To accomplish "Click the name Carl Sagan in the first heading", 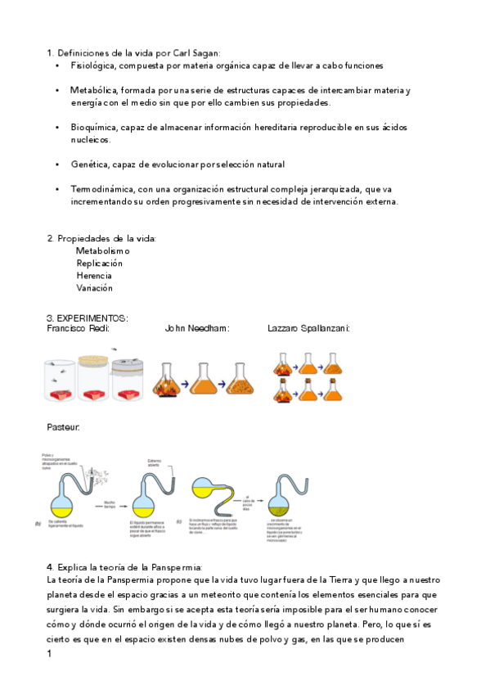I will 196,52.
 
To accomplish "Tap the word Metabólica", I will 95,89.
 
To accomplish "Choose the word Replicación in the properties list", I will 99,264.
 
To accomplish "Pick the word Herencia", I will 94,276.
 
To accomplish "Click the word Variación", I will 94,288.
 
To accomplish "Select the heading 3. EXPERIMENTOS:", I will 88,318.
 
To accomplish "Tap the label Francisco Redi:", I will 78,328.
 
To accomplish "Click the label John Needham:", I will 197,328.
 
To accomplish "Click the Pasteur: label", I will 63,427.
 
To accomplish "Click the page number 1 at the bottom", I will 50,655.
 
